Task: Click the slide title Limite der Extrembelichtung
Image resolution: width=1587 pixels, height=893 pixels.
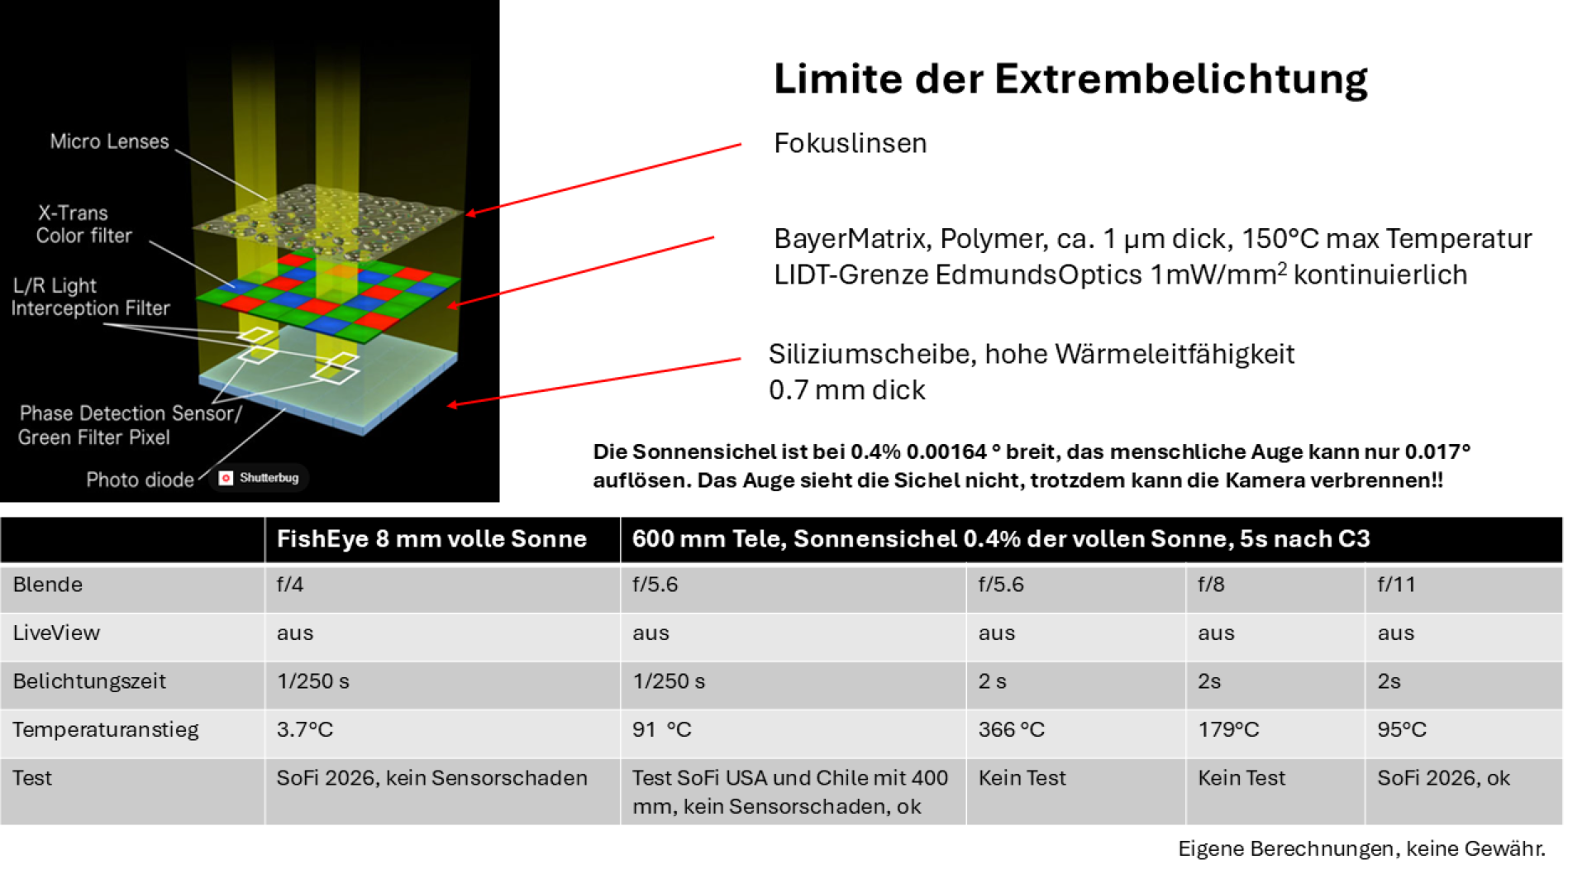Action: (x=1070, y=79)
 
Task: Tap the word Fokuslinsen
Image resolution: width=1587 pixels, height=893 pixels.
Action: (x=850, y=143)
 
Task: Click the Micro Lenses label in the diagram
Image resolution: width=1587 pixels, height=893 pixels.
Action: (x=109, y=141)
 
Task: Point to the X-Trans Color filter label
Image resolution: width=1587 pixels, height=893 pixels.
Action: (x=83, y=224)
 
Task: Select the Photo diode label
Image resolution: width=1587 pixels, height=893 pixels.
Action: (x=140, y=480)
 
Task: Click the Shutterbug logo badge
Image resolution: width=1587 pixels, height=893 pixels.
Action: (x=260, y=478)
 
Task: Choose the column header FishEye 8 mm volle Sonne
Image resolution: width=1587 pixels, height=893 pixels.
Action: (x=431, y=539)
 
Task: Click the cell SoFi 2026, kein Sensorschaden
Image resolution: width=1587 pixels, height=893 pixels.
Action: (x=431, y=778)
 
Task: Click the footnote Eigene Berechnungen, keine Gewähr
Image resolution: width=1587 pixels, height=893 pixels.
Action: (x=1361, y=849)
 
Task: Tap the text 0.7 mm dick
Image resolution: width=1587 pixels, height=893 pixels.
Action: (x=846, y=390)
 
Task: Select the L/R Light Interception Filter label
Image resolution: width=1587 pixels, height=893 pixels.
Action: (x=90, y=297)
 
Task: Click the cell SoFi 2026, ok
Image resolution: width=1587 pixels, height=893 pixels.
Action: (x=1443, y=778)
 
